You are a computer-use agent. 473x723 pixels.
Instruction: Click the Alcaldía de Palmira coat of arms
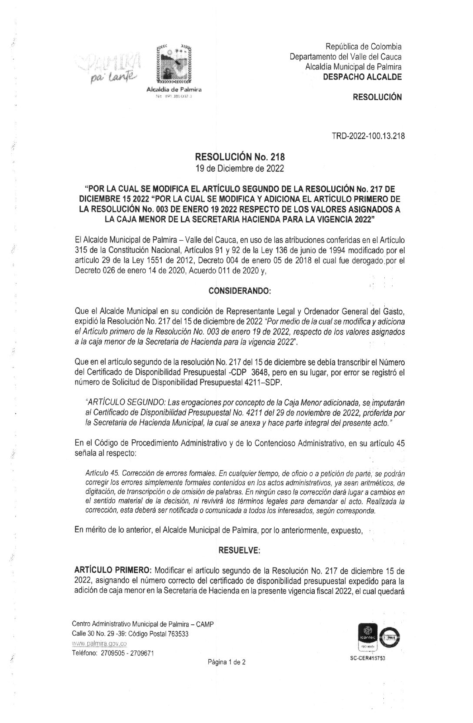[174, 64]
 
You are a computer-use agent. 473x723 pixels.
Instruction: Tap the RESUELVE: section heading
[239, 551]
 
